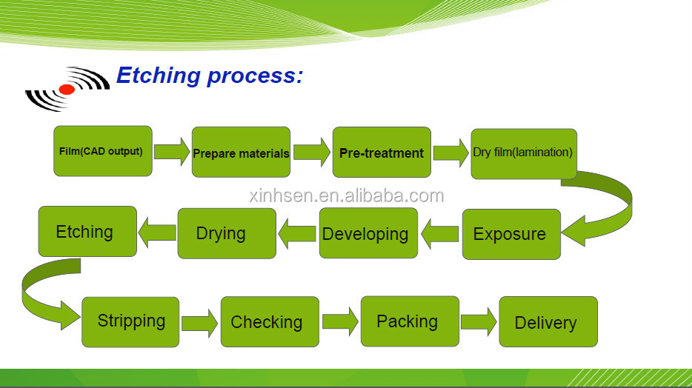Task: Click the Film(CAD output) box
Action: point(103,151)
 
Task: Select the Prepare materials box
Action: point(241,152)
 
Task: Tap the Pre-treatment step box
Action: point(382,152)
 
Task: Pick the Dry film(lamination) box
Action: point(524,154)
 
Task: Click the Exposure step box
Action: point(511,234)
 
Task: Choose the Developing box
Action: point(368,233)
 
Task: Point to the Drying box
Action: point(227,233)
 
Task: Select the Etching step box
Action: point(87,232)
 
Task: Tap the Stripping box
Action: point(130,322)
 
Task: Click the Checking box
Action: point(270,321)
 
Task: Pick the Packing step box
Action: point(410,321)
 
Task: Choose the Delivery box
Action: point(548,321)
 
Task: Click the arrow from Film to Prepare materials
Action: point(172,152)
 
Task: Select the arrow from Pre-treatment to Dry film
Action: point(450,153)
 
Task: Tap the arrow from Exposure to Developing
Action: point(439,234)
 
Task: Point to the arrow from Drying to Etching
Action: point(157,233)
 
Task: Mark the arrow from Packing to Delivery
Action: point(479,322)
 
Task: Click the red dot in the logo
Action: point(67,90)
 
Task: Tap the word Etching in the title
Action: point(159,76)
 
